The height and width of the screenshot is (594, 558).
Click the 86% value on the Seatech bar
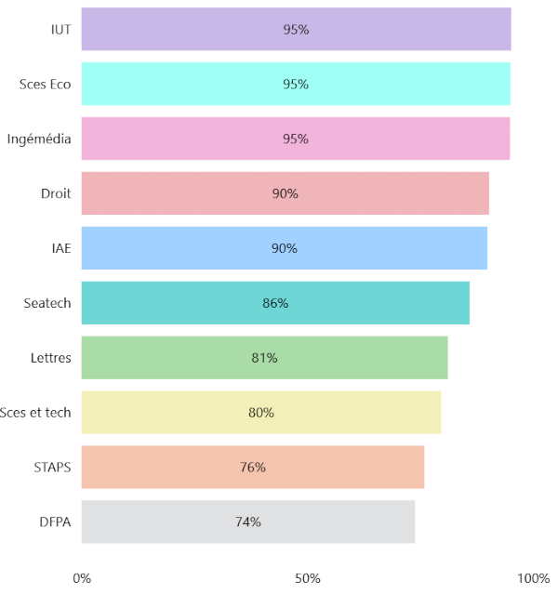pyautogui.click(x=275, y=303)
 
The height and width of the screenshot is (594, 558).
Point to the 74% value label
pyautogui.click(x=247, y=522)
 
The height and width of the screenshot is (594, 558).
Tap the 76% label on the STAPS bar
pyautogui.click(x=252, y=468)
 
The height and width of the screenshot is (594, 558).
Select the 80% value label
pyautogui.click(x=260, y=413)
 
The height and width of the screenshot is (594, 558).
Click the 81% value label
pyautogui.click(x=264, y=358)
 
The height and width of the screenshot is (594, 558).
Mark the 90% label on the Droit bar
pyautogui.click(x=285, y=193)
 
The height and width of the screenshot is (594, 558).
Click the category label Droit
pyautogui.click(x=56, y=193)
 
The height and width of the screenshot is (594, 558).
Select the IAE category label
pyautogui.click(x=61, y=248)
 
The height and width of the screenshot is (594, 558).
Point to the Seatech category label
pyautogui.click(x=47, y=303)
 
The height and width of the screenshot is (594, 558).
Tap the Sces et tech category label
pyautogui.click(x=36, y=413)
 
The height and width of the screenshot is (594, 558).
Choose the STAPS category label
pyautogui.click(x=52, y=468)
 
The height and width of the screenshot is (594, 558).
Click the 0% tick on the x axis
pyautogui.click(x=82, y=578)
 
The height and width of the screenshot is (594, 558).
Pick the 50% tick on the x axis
pyautogui.click(x=308, y=578)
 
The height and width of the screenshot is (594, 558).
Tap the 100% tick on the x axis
pyautogui.click(x=534, y=578)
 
